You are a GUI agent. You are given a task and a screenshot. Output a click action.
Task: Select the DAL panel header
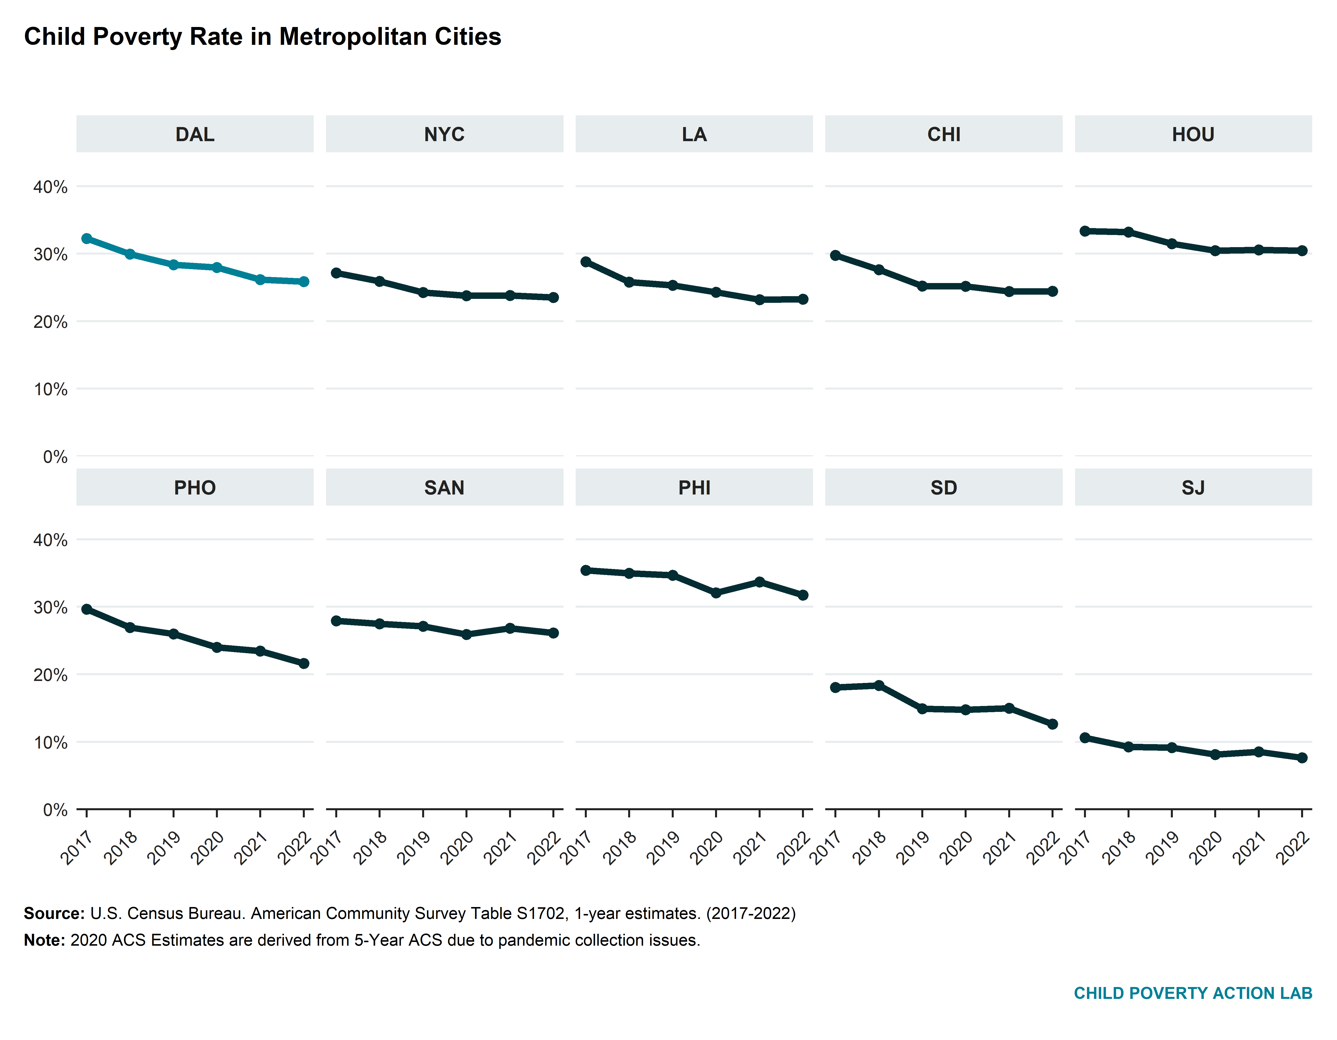pos(195,134)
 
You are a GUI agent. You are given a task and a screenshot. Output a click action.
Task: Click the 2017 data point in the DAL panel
pos(87,238)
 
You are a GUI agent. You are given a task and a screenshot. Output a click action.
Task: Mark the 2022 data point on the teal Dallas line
pos(304,282)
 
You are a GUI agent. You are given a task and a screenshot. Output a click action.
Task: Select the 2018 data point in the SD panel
pos(878,685)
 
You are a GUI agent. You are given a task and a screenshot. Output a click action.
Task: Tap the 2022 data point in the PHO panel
pos(304,664)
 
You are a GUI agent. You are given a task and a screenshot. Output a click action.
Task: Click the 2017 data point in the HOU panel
pos(1085,231)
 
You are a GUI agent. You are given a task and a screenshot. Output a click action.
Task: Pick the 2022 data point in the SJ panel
pos(1302,758)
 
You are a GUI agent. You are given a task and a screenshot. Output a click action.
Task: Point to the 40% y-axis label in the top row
pos(50,187)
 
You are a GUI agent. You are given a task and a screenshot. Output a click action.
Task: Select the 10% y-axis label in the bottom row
pos(50,743)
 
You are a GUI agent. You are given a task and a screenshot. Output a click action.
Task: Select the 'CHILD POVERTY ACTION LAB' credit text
pos(1192,993)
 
